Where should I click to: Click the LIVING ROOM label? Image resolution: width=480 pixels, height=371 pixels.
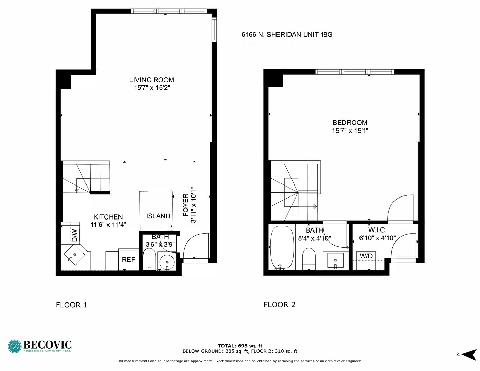coord(151,80)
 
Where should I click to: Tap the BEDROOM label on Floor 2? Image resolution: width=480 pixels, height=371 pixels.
coord(350,123)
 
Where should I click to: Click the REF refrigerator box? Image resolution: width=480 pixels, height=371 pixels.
coord(128,260)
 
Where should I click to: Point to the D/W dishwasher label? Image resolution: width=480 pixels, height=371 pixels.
coord(75,236)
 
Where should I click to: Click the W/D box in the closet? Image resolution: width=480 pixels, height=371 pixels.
coord(366,256)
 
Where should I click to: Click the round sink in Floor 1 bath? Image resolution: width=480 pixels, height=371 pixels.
coord(167,262)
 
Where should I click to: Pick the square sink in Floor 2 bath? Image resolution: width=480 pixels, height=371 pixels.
coord(335,261)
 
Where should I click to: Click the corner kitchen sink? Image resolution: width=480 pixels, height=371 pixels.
coord(75,255)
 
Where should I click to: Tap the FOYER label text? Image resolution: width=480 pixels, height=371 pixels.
coord(186,205)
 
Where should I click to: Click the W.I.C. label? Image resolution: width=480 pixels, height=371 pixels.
coord(377,230)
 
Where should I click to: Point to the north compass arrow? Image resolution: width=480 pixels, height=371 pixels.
coord(468,354)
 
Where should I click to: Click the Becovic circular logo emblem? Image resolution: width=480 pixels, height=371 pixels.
coord(15,346)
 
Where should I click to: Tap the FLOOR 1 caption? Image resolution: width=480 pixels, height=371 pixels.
coord(71,305)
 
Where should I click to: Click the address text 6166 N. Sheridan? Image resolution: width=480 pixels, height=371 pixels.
coord(287,35)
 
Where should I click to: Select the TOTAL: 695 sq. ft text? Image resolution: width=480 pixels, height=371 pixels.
coord(240,346)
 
